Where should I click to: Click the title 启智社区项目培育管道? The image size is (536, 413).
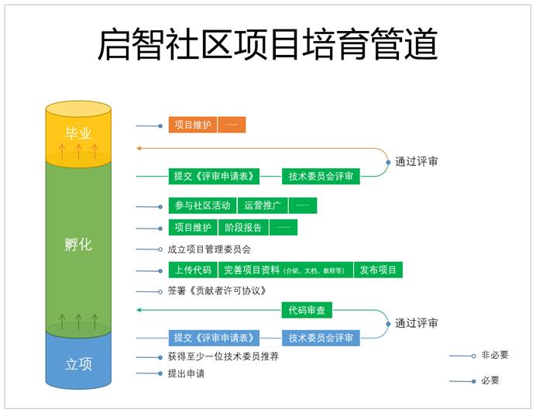pyautogui.click(x=267, y=44)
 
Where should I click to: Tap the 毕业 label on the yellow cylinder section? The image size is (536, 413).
pyautogui.click(x=78, y=133)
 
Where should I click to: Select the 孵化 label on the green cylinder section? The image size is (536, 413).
pyautogui.click(x=78, y=245)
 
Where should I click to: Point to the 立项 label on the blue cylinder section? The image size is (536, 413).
pyautogui.click(x=78, y=363)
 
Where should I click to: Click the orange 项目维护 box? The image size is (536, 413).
pyautogui.click(x=193, y=125)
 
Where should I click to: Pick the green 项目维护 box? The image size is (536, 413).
pyautogui.click(x=193, y=228)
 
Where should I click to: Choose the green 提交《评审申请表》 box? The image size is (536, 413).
pyautogui.click(x=214, y=177)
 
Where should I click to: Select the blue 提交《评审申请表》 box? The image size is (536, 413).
pyautogui.click(x=214, y=338)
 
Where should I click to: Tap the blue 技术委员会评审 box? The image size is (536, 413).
pyautogui.click(x=321, y=338)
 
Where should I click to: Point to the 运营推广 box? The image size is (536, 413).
pyautogui.click(x=263, y=206)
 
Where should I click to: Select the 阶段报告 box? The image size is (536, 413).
pyautogui.click(x=243, y=228)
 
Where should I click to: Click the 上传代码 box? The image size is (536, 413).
pyautogui.click(x=192, y=270)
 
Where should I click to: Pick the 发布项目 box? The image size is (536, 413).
pyautogui.click(x=379, y=270)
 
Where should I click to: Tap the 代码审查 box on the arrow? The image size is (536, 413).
pyautogui.click(x=308, y=311)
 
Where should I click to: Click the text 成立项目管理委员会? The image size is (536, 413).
pyautogui.click(x=209, y=250)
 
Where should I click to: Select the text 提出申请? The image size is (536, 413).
pyautogui.click(x=186, y=373)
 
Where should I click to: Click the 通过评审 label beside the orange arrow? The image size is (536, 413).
pyautogui.click(x=417, y=162)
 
